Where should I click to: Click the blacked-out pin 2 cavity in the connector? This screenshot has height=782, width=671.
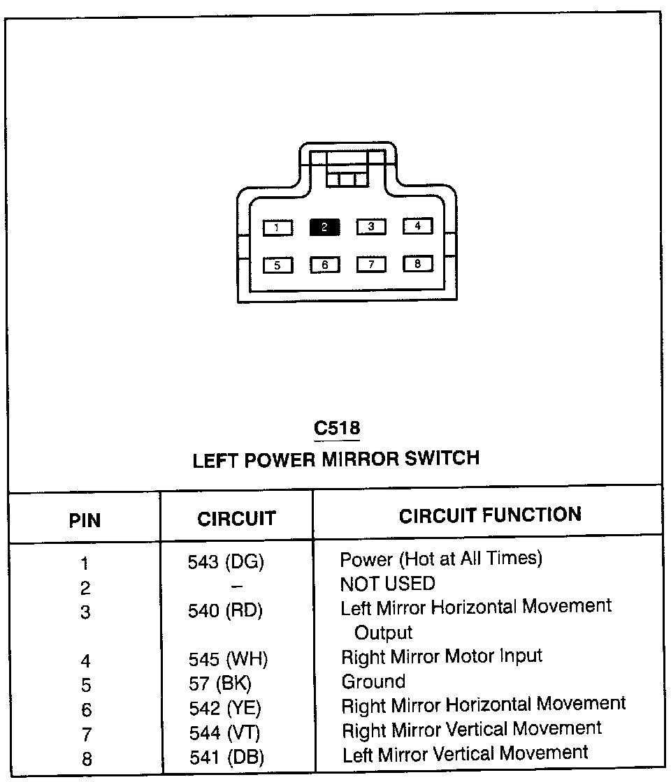[324, 227]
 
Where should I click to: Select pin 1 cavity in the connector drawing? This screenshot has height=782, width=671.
[277, 228]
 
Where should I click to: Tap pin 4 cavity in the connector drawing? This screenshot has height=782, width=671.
[417, 226]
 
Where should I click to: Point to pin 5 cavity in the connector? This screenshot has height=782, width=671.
[277, 265]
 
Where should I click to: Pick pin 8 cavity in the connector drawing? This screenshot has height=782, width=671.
[417, 263]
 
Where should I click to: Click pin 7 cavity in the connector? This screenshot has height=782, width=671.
[371, 264]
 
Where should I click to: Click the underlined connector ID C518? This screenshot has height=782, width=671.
[337, 427]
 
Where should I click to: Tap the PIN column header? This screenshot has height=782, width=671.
[85, 520]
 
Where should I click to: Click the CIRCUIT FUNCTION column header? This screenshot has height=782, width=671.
[490, 515]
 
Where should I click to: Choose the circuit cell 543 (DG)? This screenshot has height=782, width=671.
[226, 562]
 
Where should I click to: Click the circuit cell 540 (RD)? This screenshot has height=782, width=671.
[225, 611]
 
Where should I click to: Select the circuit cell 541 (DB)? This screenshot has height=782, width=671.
[226, 757]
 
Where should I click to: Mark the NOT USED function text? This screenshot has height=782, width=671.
[387, 583]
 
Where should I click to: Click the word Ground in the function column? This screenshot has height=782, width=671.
[373, 681]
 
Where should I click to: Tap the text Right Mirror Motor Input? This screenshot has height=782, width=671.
[441, 656]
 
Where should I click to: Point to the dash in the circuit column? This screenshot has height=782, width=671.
[237, 586]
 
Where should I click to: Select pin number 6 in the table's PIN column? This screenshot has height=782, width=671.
[86, 709]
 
